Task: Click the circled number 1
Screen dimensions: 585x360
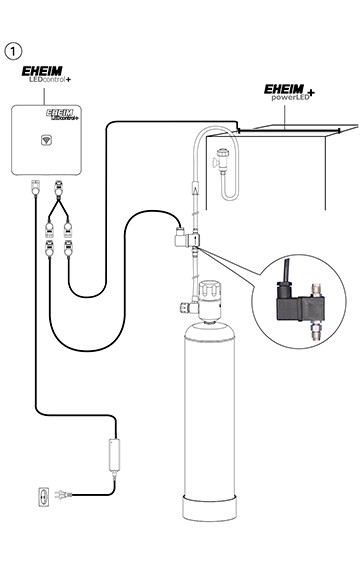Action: click(x=14, y=50)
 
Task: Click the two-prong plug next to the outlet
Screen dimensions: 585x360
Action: click(x=62, y=494)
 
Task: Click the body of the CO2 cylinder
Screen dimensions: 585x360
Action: click(x=211, y=420)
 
